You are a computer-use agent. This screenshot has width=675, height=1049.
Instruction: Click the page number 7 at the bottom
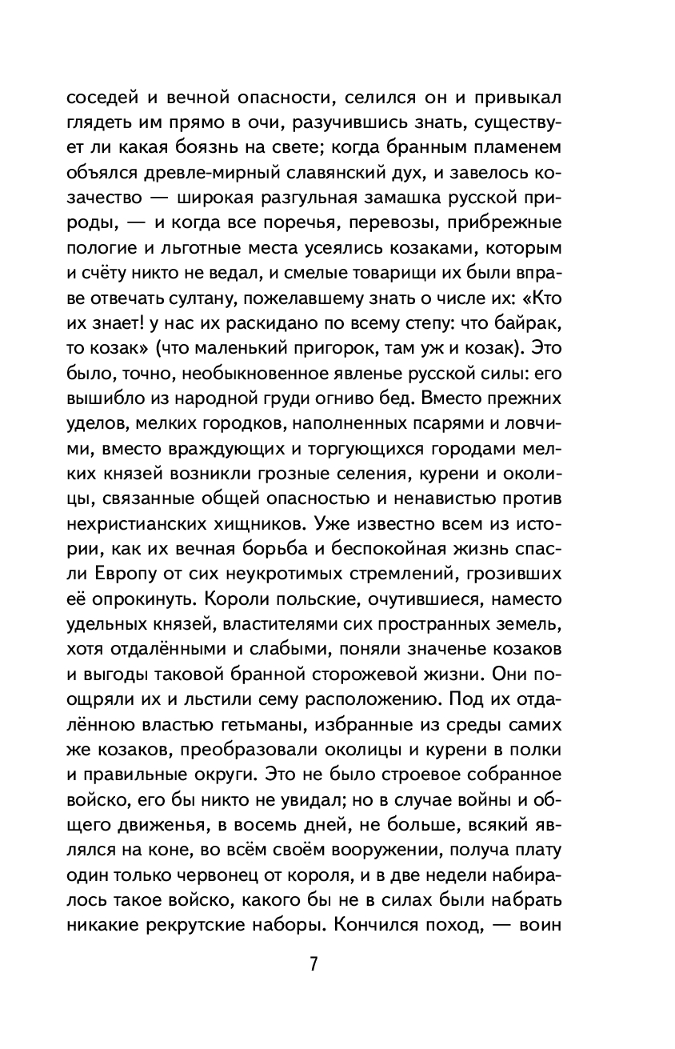pyautogui.click(x=314, y=963)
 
